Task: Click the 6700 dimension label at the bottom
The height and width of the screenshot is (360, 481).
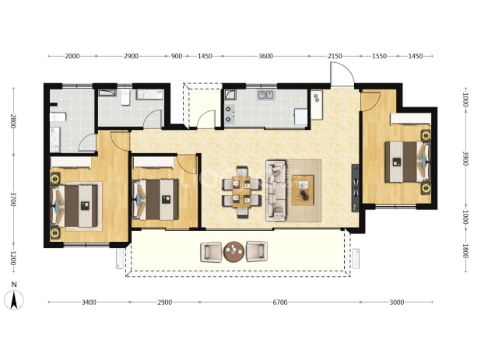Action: click(280, 302)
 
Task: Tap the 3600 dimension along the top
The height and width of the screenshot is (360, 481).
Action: click(265, 56)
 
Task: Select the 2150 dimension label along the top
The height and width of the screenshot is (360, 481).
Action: click(335, 56)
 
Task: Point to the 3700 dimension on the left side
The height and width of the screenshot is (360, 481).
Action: click(12, 199)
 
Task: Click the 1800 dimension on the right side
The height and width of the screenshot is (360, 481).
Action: click(465, 251)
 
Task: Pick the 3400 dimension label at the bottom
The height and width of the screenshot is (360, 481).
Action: click(89, 302)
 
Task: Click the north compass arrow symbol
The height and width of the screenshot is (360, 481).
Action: click(14, 300)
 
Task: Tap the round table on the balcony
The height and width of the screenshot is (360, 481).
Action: click(233, 252)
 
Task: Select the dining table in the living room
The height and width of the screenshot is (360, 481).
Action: click(242, 192)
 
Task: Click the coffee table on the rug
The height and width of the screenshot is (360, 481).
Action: click(303, 190)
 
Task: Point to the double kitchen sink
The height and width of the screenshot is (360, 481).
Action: click(265, 95)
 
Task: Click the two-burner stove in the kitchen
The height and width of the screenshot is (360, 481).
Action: click(229, 114)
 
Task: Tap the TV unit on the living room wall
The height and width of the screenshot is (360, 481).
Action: click(355, 188)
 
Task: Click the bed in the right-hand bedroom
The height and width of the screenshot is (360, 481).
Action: click(408, 162)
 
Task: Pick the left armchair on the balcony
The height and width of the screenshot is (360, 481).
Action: click(211, 252)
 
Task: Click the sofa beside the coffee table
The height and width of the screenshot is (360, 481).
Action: click(276, 190)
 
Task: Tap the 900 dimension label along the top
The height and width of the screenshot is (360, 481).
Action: click(177, 56)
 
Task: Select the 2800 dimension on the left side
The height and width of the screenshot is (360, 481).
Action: click(12, 121)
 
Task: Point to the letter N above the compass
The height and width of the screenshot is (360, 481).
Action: click(14, 285)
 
